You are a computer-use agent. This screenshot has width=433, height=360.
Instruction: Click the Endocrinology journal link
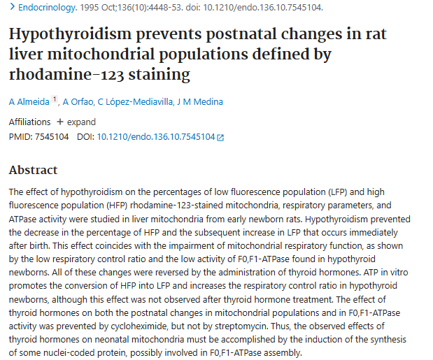48,8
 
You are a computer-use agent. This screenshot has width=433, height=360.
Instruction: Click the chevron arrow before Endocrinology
12,7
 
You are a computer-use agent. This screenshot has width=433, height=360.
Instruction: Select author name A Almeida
29,102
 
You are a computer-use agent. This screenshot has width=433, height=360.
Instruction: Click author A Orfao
78,102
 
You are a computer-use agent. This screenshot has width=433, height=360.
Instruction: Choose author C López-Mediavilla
135,102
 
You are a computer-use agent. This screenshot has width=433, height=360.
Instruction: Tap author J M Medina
200,102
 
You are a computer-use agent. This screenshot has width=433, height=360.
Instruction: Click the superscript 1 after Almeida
55,99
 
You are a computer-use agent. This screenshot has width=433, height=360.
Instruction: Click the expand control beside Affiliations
76,122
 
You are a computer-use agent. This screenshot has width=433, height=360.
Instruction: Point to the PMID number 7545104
52,137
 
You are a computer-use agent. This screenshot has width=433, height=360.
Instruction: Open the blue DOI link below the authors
156,137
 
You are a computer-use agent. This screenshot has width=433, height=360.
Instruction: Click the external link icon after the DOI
220,138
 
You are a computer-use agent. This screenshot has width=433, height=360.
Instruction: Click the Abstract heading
33,170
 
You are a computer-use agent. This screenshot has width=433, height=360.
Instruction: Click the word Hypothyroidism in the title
70,34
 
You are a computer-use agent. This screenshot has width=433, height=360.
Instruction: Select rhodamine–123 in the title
66,75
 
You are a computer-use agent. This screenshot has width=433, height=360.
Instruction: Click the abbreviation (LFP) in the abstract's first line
337,192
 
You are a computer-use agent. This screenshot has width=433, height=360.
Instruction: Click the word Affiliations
30,122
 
